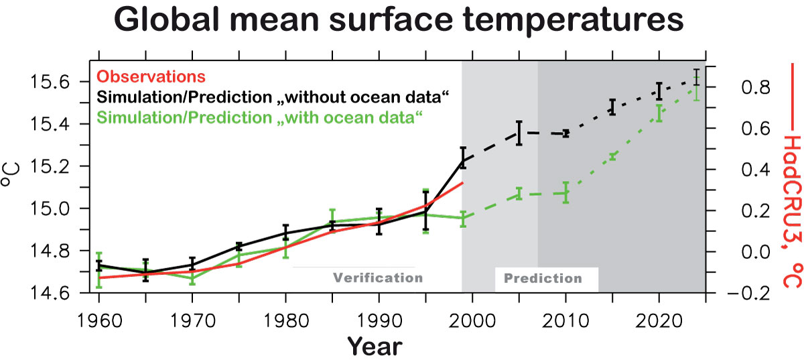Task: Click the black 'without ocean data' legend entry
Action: (x=269, y=97)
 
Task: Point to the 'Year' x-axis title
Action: (x=375, y=346)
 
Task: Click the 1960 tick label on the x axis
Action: (x=99, y=318)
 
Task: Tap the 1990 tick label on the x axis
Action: (x=379, y=318)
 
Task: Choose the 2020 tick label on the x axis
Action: (x=659, y=318)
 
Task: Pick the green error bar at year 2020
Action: (x=659, y=113)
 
